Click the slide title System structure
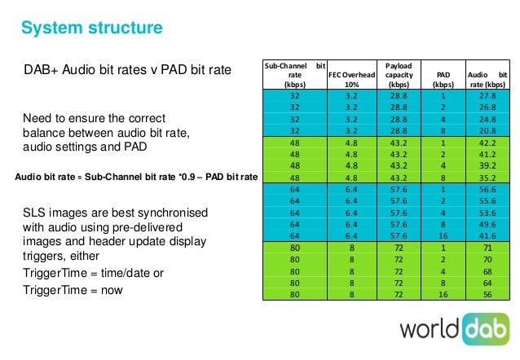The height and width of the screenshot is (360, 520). click(x=91, y=29)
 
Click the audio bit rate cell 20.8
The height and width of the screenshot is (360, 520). click(x=487, y=130)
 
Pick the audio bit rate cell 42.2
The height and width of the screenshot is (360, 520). click(x=487, y=142)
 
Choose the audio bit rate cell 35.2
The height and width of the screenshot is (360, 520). click(x=487, y=177)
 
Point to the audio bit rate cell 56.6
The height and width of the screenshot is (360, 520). click(x=487, y=188)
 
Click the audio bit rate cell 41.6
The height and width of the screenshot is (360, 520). click(x=487, y=235)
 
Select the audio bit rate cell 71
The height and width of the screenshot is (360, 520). click(x=487, y=248)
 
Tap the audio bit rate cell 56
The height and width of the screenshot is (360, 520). click(x=487, y=295)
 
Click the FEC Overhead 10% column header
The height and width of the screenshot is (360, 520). click(x=353, y=78)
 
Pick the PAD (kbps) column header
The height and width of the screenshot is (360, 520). click(x=444, y=78)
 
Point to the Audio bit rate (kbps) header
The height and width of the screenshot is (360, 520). click(x=487, y=78)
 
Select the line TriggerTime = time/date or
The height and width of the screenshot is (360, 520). click(x=93, y=272)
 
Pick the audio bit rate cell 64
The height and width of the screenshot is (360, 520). click(x=487, y=283)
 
